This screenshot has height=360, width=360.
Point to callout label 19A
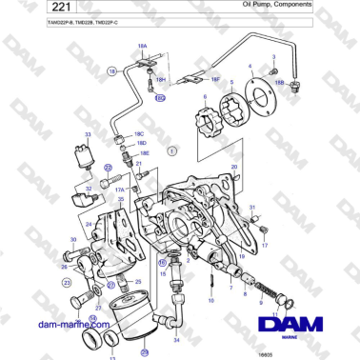142,45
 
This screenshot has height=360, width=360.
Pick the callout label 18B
280,83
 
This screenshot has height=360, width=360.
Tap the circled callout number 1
172,150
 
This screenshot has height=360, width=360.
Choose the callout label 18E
145,153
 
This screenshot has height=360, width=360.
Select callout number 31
252,207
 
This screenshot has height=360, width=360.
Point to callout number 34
176,339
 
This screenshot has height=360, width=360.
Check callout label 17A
121,190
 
